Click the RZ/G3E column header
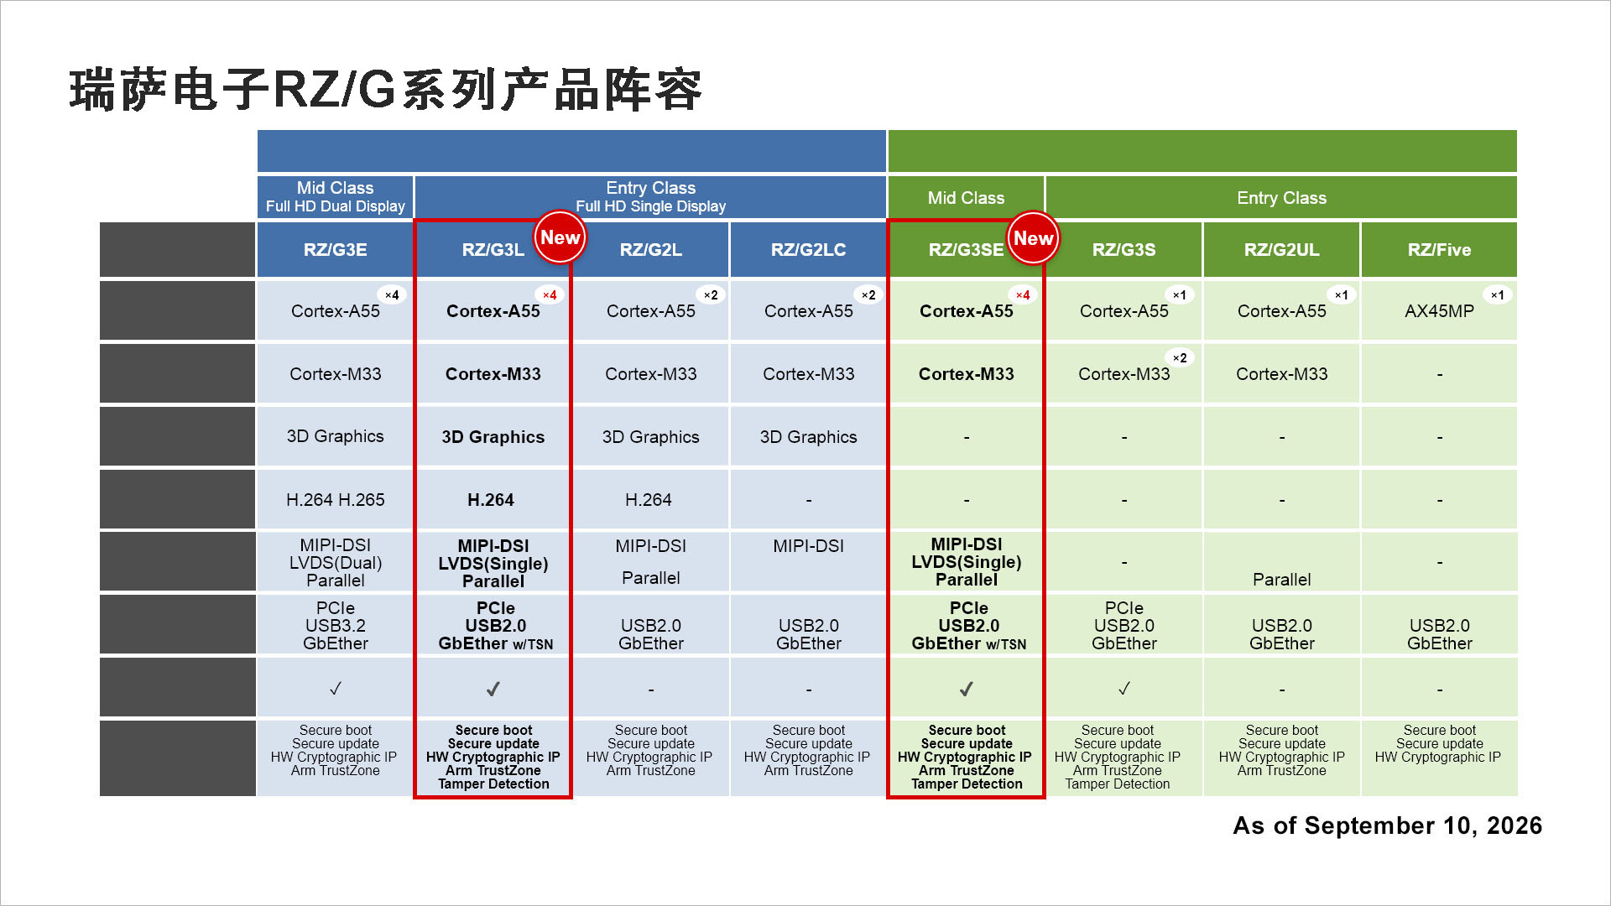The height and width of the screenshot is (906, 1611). click(335, 249)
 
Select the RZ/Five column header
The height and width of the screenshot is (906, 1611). click(1439, 249)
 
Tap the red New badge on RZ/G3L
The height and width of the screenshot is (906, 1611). click(560, 237)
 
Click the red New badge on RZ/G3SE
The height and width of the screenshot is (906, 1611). click(1033, 237)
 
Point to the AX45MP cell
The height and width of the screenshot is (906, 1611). click(1439, 311)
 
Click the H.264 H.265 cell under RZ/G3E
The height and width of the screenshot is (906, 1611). click(335, 500)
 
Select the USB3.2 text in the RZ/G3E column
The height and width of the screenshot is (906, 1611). click(335, 626)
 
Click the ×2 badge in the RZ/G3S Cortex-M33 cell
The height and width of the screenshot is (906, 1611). click(1180, 357)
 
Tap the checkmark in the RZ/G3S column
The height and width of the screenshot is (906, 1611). click(1124, 689)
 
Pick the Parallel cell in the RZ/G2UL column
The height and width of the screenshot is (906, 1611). click(1281, 580)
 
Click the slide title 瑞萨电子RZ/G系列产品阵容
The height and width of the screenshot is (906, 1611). click(385, 90)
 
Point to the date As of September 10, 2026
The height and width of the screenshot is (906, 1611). click(1387, 825)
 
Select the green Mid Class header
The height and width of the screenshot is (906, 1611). click(966, 198)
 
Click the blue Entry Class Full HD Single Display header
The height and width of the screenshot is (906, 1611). click(650, 197)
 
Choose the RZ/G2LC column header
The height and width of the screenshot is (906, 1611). click(808, 249)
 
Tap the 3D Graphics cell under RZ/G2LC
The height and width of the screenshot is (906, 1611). click(808, 437)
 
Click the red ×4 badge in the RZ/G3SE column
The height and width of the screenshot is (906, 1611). click(1023, 294)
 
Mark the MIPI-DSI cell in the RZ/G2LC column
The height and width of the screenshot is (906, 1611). click(808, 546)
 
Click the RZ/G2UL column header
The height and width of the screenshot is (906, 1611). click(1281, 249)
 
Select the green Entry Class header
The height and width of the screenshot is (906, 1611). click(1281, 198)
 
